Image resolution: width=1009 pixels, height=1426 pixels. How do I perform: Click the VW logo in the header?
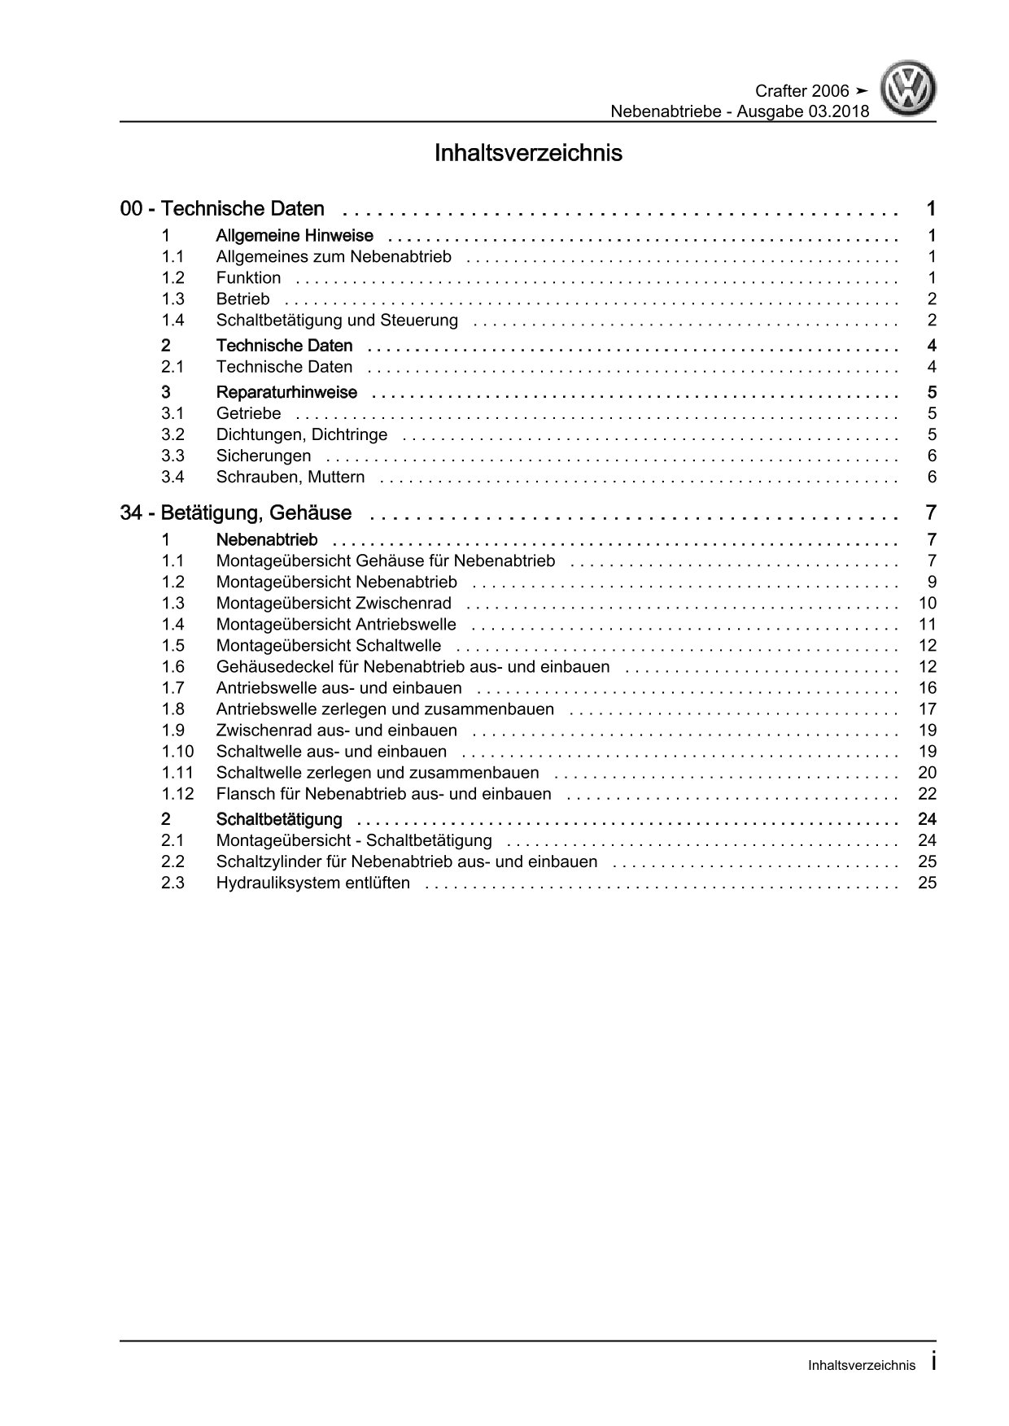coord(911,89)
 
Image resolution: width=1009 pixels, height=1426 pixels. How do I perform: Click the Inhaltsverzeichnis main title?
coord(528,153)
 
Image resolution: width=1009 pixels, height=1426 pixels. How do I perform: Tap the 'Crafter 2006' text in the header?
coord(802,91)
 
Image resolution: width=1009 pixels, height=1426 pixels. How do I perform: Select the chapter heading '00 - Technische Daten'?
coord(222,209)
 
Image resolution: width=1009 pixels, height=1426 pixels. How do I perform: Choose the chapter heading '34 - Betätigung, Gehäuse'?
coord(236,513)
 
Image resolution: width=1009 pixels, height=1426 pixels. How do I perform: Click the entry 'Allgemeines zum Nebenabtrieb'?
coord(334,257)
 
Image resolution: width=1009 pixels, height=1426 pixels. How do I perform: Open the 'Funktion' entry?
coord(248,278)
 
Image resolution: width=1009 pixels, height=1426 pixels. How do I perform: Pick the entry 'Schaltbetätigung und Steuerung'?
coord(337,321)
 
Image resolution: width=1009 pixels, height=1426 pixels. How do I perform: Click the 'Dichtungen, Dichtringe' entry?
coord(302,434)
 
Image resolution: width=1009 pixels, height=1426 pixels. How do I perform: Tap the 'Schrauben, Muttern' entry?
coord(290,477)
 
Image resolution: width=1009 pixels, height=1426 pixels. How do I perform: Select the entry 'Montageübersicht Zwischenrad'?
coord(334,604)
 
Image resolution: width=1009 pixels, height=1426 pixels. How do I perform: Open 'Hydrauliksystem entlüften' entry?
coord(313,883)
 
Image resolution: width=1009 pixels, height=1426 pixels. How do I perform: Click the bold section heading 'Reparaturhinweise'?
coord(286,393)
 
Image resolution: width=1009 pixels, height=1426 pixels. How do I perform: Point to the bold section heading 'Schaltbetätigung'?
coord(279,819)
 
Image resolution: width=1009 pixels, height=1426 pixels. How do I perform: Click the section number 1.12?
coord(177,794)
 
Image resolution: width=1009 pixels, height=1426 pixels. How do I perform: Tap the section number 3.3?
coord(173,456)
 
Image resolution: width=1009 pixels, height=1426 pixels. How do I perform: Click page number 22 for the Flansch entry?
coord(927,794)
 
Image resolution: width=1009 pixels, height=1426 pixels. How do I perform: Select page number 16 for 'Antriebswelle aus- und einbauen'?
coord(927,688)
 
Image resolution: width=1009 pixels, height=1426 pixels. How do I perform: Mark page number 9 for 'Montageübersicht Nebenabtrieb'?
coord(932,582)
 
